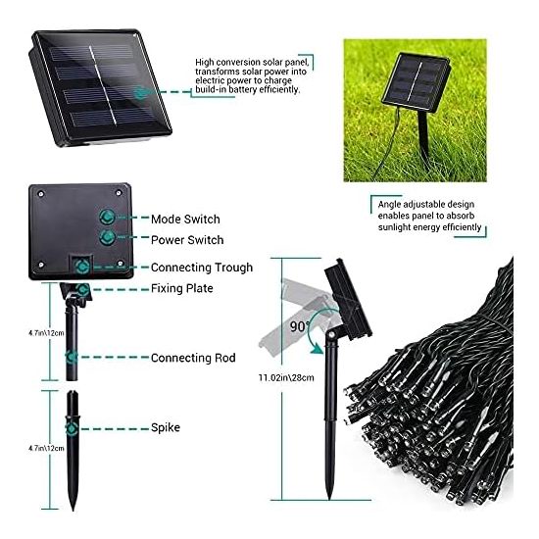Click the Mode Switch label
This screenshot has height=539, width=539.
[185, 220]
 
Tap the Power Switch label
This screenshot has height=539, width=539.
[187, 240]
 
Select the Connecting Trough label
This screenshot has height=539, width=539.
[202, 268]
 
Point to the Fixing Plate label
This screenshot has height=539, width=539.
[182, 288]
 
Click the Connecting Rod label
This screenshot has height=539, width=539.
[193, 358]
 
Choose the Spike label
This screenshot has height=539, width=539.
[166, 427]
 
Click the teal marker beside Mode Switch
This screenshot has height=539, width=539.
[107, 217]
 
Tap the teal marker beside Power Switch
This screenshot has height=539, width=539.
[107, 237]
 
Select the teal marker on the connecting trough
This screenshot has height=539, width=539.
[82, 267]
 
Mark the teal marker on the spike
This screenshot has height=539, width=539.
[72, 429]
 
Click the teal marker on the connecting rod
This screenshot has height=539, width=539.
[72, 357]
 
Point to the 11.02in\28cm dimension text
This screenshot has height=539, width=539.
[286, 377]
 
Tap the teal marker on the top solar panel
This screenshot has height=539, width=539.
[140, 92]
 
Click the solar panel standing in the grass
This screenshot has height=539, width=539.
[416, 83]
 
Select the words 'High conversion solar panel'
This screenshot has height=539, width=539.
[252, 62]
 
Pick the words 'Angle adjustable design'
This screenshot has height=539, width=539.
[426, 205]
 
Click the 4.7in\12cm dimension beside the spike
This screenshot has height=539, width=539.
[46, 448]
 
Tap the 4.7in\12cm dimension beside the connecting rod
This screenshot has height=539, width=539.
[46, 333]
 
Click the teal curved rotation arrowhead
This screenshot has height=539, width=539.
[317, 350]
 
